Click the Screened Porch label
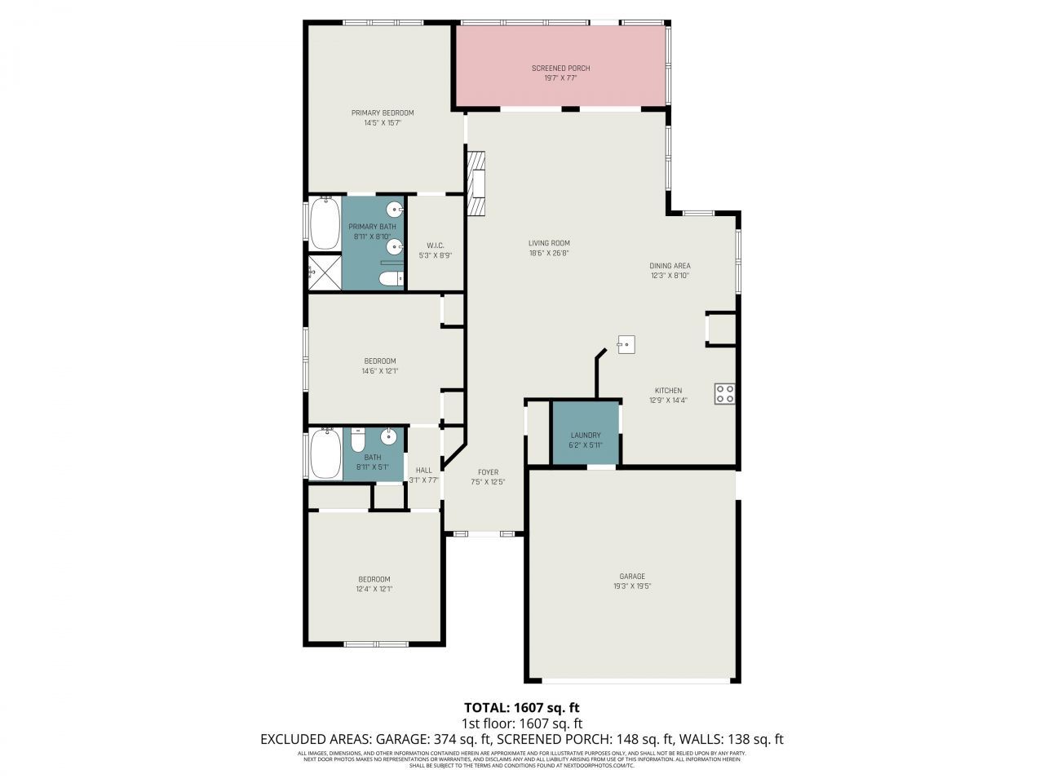click(560, 69)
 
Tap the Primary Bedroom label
click(383, 113)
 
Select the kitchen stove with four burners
click(724, 394)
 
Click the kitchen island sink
click(626, 344)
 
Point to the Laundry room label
click(586, 436)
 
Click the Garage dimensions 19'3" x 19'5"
click(632, 586)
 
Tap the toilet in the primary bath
click(391, 280)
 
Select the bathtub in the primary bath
click(325, 224)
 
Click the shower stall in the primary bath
click(324, 272)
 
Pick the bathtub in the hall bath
click(326, 454)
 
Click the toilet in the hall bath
click(357, 440)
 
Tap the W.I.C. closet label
click(436, 246)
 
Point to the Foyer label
click(488, 472)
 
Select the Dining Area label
click(670, 266)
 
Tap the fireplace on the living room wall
click(476, 184)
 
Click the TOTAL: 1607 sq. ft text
click(521, 707)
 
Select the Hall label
click(423, 471)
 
